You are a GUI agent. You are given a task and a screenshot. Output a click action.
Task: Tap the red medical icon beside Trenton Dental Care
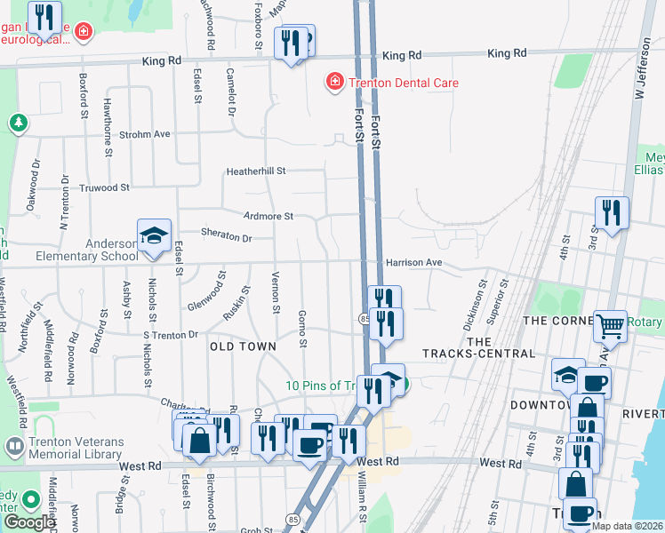point(335,83)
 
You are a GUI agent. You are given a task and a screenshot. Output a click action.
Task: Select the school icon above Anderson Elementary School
point(154,236)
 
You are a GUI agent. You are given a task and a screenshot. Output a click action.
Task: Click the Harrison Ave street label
point(413,263)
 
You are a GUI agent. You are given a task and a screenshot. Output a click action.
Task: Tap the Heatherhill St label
point(255,171)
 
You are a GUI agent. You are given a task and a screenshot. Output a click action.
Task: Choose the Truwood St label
point(105,187)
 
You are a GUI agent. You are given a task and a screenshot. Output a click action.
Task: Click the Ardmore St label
point(268,216)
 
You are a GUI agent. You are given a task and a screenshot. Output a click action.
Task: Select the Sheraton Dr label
point(228,238)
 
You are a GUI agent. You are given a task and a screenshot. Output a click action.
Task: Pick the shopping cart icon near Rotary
point(609,326)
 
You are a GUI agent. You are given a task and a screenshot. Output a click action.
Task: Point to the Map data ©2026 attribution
point(627,526)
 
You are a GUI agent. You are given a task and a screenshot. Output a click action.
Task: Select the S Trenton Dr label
point(170,335)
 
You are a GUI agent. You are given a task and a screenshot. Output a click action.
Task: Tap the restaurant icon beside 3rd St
point(612,213)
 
